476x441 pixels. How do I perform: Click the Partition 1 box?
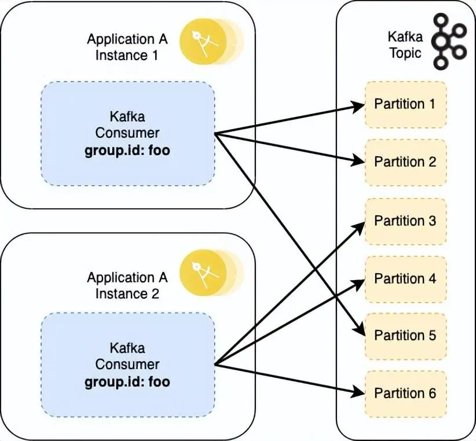(x=405, y=104)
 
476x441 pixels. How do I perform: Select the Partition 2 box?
(x=405, y=162)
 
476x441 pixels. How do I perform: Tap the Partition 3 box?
(x=405, y=220)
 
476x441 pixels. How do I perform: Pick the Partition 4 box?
(x=405, y=278)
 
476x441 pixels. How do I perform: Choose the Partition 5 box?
(x=405, y=336)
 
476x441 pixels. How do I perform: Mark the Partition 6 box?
(x=405, y=394)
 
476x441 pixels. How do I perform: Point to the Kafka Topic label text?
(x=405, y=46)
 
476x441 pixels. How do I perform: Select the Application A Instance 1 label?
(x=127, y=47)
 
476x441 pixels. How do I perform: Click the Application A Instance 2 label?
(x=127, y=285)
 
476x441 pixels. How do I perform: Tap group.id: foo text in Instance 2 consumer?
(x=127, y=382)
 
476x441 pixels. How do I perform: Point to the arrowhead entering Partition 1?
(x=359, y=105)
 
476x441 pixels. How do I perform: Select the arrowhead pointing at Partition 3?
(x=359, y=225)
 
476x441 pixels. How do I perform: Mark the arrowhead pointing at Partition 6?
(x=359, y=392)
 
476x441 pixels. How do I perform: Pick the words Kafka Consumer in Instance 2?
(x=127, y=356)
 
